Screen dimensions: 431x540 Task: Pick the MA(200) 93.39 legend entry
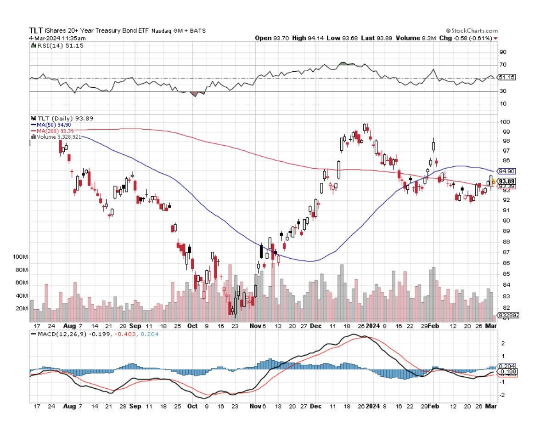click(55, 130)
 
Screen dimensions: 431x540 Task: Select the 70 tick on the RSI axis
click(503, 65)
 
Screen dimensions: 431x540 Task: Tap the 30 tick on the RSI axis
click(503, 91)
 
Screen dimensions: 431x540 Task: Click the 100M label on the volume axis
click(21, 257)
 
